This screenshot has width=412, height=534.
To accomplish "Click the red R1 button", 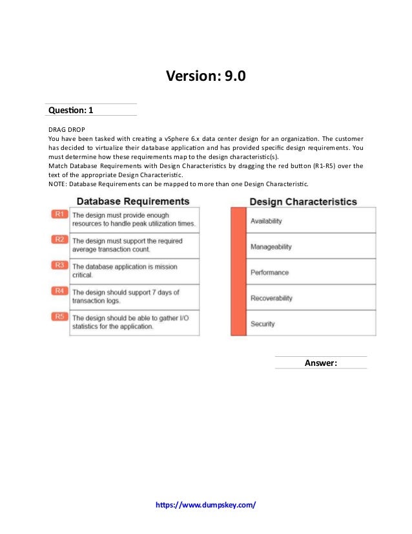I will point(59,214).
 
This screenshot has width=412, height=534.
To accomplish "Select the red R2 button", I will point(59,240).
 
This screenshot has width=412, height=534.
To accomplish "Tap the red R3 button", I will point(59,265).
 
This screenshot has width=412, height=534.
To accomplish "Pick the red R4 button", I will point(59,291).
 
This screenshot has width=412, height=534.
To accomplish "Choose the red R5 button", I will point(59,316).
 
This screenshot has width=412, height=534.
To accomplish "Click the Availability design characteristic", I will point(266,221).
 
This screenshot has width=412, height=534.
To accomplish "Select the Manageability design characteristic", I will point(271,247).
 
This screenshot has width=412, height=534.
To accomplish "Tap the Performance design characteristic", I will point(269,273).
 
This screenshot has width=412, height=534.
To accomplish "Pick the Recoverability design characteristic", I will point(271,298).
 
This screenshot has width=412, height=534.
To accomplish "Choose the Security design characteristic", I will point(263,324).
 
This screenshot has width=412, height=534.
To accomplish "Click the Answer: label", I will point(320,363).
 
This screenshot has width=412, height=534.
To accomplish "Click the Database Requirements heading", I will point(133,202).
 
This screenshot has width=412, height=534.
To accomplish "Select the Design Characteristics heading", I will point(303,202).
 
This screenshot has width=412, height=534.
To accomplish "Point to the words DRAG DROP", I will point(67,129).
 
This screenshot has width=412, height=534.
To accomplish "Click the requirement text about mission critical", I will point(125,271).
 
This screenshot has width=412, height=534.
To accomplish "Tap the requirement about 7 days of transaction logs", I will point(125,297).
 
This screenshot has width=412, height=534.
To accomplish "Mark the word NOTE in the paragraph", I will point(57,184).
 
